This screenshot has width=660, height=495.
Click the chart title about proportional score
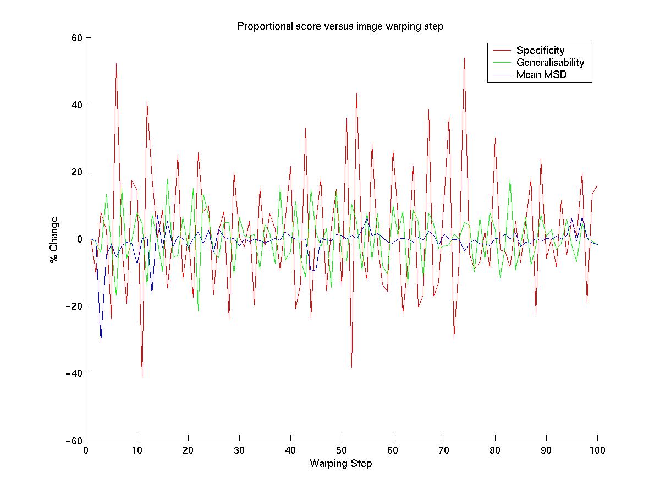pyautogui.click(x=339, y=26)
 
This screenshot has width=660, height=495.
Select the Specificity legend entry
pyautogui.click(x=540, y=51)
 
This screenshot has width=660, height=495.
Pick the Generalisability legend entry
pyautogui.click(x=549, y=63)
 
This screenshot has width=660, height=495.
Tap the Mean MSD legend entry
pyautogui.click(x=541, y=75)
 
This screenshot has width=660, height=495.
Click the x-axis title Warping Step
pyautogui.click(x=340, y=464)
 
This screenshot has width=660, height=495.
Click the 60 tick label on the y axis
pyautogui.click(x=76, y=38)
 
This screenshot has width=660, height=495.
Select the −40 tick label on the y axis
pyautogui.click(x=73, y=373)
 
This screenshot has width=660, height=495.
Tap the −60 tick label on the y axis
pyautogui.click(x=73, y=441)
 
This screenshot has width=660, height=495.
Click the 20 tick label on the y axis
pyautogui.click(x=76, y=172)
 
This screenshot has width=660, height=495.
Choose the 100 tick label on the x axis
pyautogui.click(x=597, y=449)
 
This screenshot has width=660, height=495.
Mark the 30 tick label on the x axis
pyautogui.click(x=239, y=449)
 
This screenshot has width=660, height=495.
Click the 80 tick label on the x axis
pyautogui.click(x=495, y=449)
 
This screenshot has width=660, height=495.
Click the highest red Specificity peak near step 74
pyautogui.click(x=464, y=58)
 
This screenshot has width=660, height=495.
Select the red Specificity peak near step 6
pyautogui.click(x=117, y=64)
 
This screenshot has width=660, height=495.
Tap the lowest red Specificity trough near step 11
pyautogui.click(x=142, y=377)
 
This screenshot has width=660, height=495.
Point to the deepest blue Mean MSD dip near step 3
pyautogui.click(x=101, y=342)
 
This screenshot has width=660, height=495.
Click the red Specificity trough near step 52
pyautogui.click(x=351, y=367)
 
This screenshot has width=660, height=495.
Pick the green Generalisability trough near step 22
pyautogui.click(x=199, y=311)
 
